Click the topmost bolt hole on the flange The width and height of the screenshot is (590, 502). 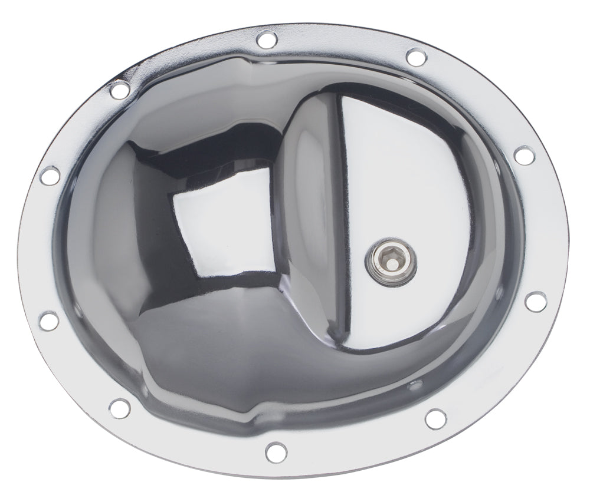click(264, 39)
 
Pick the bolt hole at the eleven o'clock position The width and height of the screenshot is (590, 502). click(120, 90)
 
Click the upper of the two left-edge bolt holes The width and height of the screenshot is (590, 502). click(49, 175)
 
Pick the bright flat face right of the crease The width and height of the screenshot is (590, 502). click(413, 177)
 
